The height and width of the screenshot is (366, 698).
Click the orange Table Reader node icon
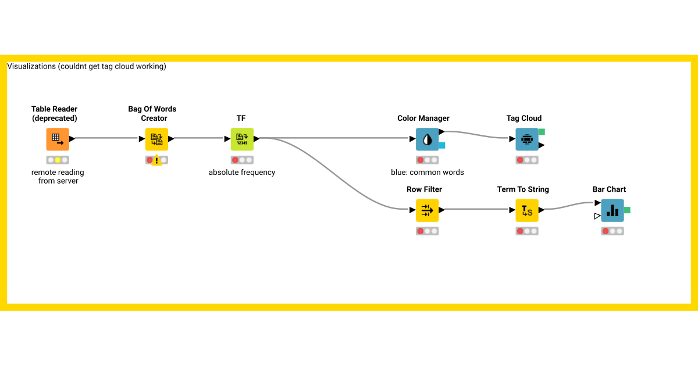[58, 139]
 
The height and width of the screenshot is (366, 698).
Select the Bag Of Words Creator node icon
[156, 139]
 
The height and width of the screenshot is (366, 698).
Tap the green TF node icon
[242, 139]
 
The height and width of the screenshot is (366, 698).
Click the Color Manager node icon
[428, 139]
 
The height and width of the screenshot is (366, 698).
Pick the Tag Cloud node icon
[527, 139]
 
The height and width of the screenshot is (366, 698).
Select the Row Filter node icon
[428, 210]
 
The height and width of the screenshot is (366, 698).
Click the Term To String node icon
[527, 210]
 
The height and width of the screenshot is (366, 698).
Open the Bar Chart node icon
[612, 210]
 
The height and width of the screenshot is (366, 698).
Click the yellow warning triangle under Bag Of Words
[157, 160]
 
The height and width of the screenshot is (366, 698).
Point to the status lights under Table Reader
[58, 160]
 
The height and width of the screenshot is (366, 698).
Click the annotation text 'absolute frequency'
[242, 173]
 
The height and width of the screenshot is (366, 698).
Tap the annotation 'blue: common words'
[428, 173]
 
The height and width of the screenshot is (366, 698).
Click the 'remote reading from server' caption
[58, 177]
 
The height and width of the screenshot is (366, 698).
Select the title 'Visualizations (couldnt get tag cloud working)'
[87, 67]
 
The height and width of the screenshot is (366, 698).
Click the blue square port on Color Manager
[442, 145]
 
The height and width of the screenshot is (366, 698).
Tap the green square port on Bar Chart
[627, 210]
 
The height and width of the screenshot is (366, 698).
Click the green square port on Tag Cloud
[542, 132]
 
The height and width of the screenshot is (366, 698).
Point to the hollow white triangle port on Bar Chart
[597, 216]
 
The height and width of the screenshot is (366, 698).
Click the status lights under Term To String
[527, 231]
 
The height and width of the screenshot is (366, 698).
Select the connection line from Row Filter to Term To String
[477, 209]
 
